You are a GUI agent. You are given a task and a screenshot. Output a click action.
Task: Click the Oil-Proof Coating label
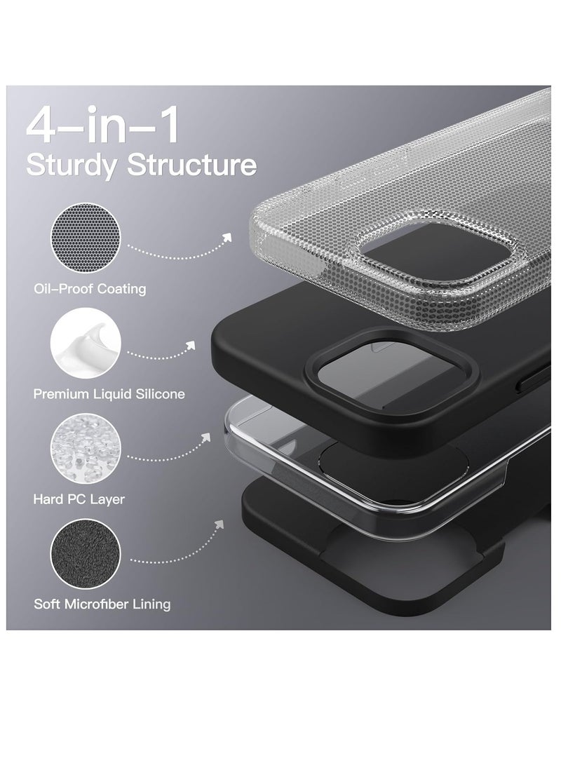pyautogui.click(x=90, y=289)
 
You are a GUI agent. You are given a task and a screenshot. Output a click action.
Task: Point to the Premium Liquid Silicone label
pyautogui.click(x=109, y=394)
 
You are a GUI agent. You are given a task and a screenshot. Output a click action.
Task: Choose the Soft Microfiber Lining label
pyautogui.click(x=102, y=604)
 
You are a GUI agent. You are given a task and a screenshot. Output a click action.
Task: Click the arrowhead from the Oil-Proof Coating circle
pyautogui.click(x=227, y=237)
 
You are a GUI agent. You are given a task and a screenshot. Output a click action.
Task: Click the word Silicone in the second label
pyautogui.click(x=159, y=394)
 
